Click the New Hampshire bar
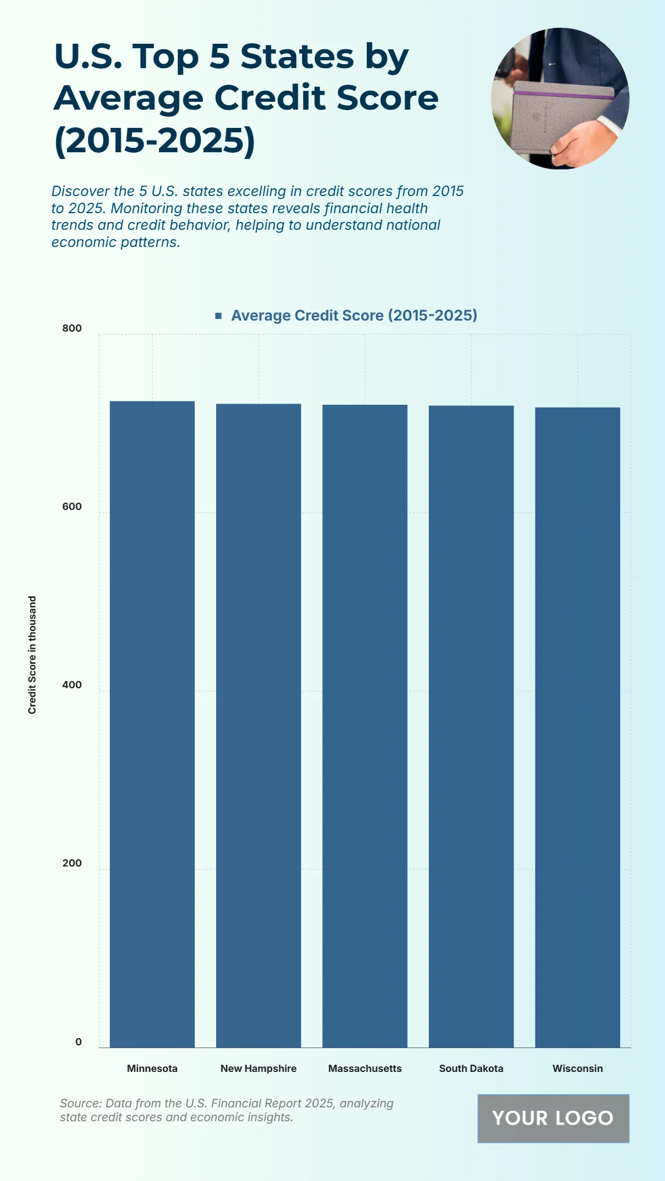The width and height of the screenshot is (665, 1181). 258,725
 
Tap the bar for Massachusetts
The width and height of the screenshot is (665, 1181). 365,726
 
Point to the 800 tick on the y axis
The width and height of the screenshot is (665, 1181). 72,328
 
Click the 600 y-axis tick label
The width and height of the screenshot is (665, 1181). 72,507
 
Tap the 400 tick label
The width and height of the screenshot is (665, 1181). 72,685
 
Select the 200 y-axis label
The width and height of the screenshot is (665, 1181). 72,863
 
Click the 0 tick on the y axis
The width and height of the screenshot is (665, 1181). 78,1041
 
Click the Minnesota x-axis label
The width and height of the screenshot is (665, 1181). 152,1068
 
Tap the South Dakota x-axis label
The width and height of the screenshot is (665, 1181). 471,1068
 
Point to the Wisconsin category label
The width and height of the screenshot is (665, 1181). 577,1068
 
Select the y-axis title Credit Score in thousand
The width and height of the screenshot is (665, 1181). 32,654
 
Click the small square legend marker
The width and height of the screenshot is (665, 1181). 218,316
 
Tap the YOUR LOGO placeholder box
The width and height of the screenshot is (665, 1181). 553,1118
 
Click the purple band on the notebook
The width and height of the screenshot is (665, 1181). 562,95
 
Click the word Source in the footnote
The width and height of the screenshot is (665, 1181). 80,1103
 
